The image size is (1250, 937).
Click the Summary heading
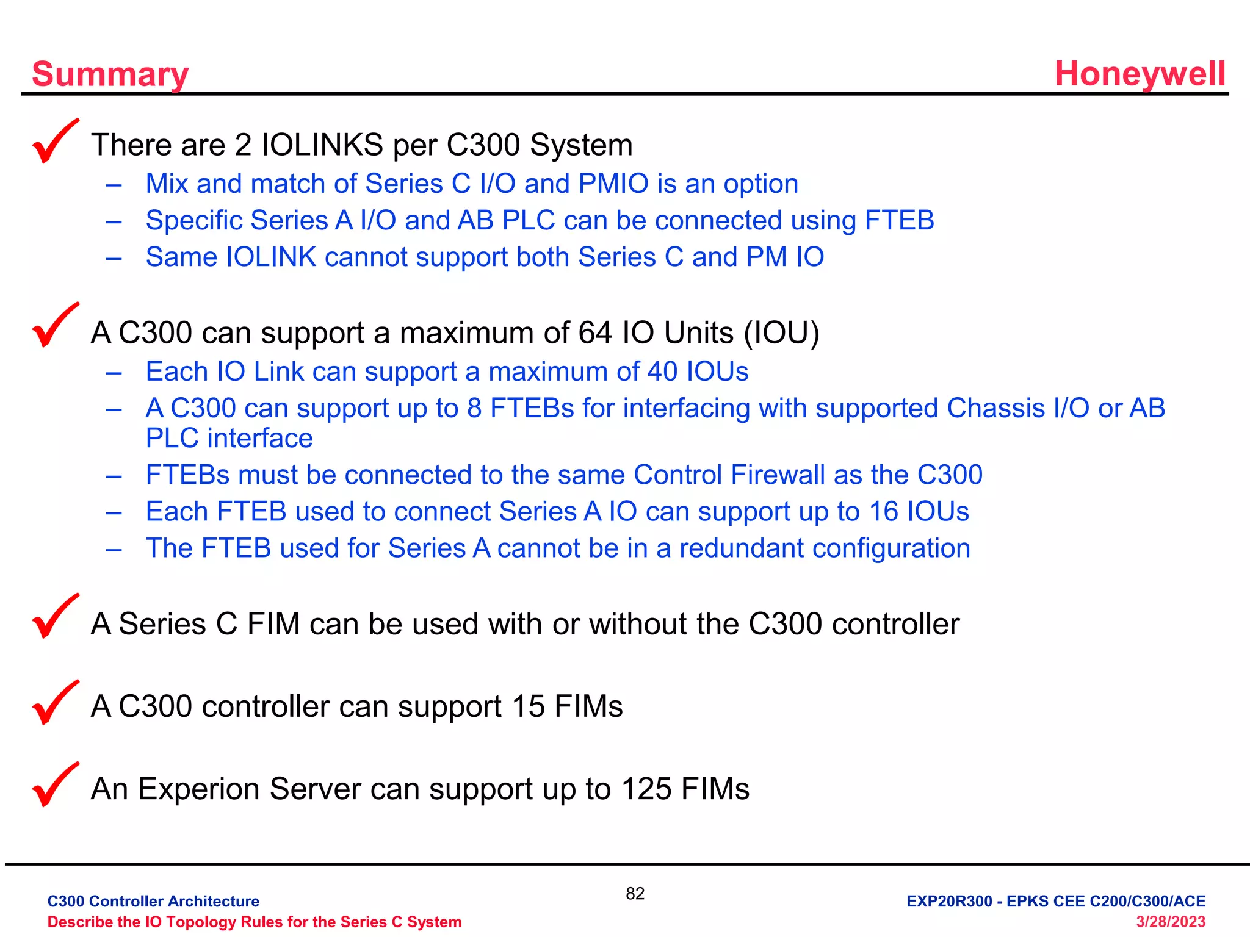tap(110, 74)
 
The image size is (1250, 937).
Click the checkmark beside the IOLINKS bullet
tap(55, 142)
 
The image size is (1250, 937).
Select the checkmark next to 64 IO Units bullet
tap(55, 325)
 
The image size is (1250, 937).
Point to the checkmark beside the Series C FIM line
tap(55, 617)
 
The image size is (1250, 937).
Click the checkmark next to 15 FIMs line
tap(55, 703)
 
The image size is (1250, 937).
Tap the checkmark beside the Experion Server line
tap(55, 785)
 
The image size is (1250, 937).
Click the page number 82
tap(635, 894)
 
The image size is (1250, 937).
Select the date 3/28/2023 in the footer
tap(1170, 922)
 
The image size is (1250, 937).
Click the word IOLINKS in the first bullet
tap(322, 145)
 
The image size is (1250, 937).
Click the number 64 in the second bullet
tap(595, 333)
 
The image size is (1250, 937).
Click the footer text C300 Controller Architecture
tap(153, 901)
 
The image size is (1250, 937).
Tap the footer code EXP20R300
tap(949, 901)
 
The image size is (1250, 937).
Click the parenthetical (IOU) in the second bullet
tap(781, 333)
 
